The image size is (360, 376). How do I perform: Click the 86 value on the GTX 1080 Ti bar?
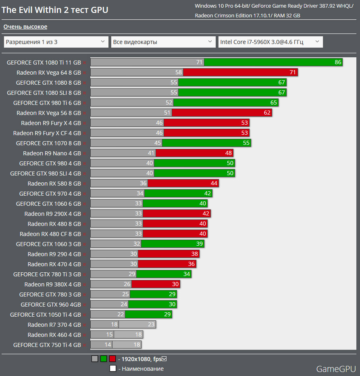click(337, 62)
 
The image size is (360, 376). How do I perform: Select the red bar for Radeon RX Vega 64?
click(240, 72)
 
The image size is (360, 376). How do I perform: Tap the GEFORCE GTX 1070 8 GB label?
click(48, 143)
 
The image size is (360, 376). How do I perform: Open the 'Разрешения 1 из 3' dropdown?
click(56, 42)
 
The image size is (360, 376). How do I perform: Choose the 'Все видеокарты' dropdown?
click(163, 42)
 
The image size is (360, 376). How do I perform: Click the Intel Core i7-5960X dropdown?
click(271, 42)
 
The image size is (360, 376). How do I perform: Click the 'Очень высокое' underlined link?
click(25, 27)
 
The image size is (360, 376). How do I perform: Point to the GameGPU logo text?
click(336, 369)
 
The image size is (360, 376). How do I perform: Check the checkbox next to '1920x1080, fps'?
click(164, 358)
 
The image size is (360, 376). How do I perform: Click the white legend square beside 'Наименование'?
click(112, 368)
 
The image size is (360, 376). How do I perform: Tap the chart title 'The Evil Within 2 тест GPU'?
click(55, 10)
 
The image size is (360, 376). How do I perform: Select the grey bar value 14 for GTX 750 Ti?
click(108, 345)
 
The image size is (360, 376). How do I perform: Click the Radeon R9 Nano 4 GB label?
click(52, 153)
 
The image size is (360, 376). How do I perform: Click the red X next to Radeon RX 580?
click(85, 184)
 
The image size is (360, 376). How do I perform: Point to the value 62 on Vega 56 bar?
click(267, 113)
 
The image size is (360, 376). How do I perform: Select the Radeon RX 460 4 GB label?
click(54, 335)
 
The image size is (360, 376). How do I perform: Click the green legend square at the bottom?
click(104, 358)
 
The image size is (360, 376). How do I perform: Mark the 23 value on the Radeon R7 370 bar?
click(151, 325)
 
